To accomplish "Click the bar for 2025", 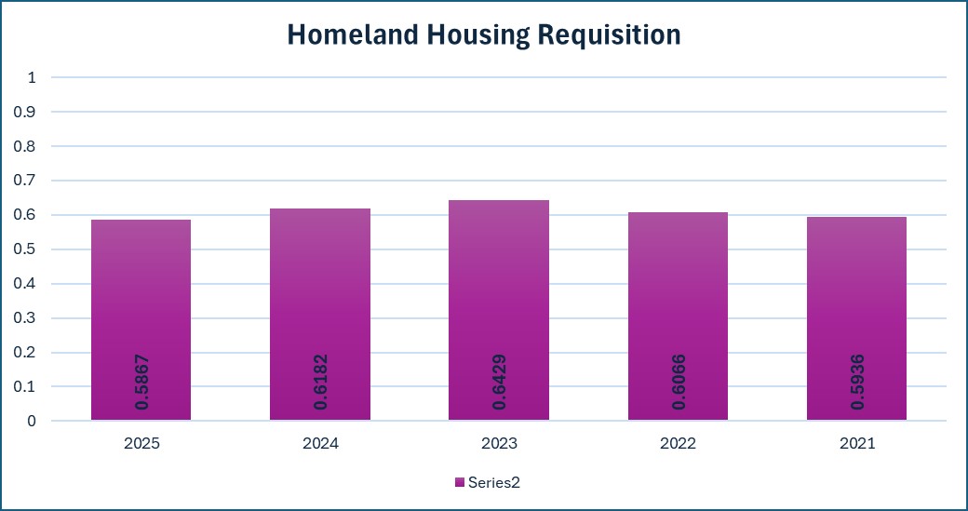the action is coord(141,319).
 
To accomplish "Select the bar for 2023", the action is coord(499,310).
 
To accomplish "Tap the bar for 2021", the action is coord(856,318).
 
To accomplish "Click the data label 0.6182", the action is coord(320,382).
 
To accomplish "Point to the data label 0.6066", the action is coord(679,382).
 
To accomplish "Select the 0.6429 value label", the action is coord(500,382).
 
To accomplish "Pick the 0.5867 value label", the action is coord(141,382).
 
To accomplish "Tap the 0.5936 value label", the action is coord(857,382).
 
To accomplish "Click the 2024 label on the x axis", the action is coord(320,444).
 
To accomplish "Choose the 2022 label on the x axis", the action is coord(678,444).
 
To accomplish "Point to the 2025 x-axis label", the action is coord(141,444).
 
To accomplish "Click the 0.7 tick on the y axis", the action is coord(26,181).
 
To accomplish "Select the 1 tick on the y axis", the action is coord(32,78).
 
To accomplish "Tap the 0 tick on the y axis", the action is coord(32,421).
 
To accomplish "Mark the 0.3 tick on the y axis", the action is coord(26,318).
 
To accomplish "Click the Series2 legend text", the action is coord(494,482).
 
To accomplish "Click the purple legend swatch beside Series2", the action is coord(459,482).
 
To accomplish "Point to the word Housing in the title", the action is coord(477,35).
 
